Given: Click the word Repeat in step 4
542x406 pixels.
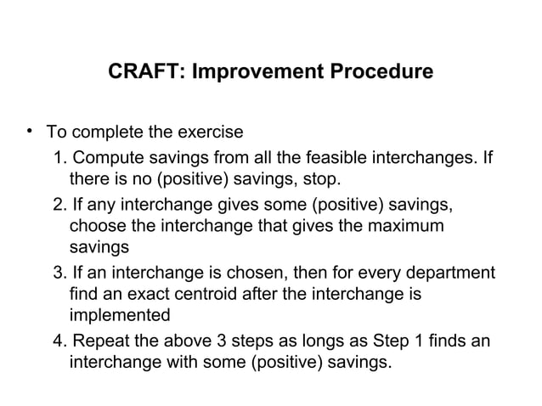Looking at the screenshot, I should click(100, 342).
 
